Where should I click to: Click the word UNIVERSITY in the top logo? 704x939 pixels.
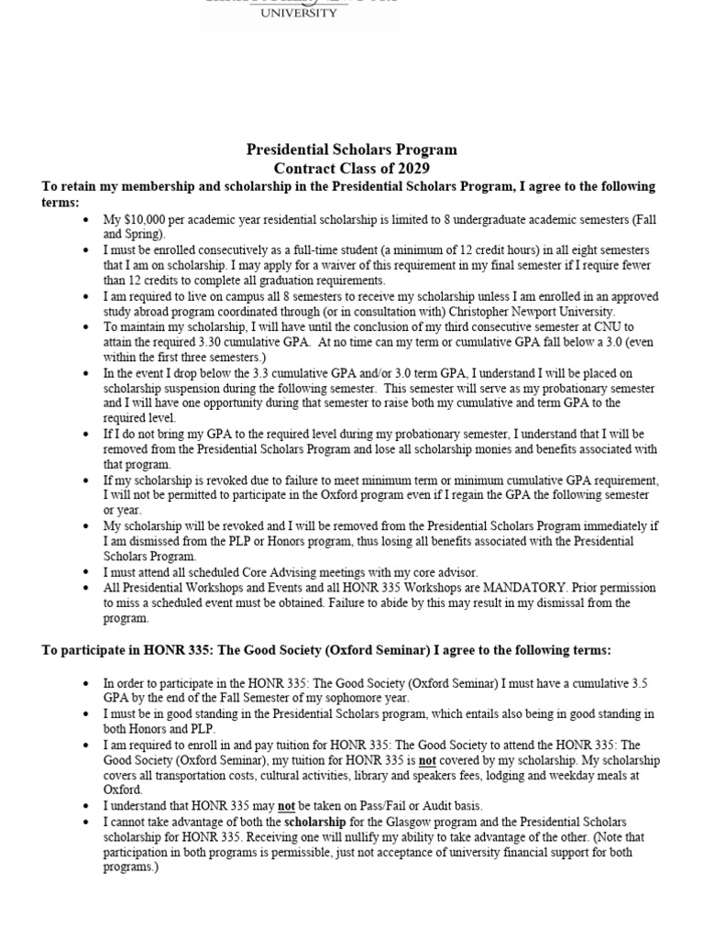click(300, 14)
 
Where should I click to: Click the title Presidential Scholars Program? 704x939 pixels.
click(351, 149)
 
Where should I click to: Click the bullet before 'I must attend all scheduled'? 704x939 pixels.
click(86, 571)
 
